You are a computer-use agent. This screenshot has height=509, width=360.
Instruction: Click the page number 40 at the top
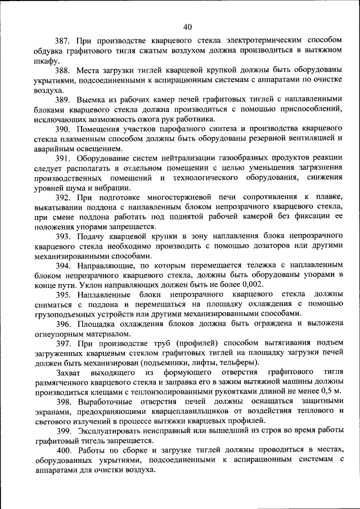point(187,26)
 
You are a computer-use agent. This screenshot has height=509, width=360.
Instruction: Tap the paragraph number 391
point(62,159)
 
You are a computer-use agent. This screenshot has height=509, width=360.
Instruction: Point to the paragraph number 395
point(62,295)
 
